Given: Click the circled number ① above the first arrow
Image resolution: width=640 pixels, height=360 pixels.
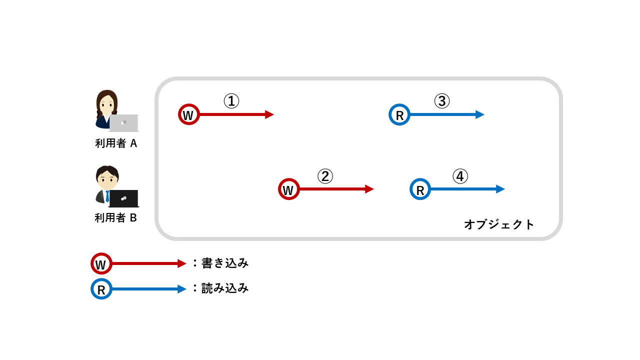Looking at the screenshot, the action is point(231,101).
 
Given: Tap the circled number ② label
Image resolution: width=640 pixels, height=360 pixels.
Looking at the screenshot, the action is point(325,176).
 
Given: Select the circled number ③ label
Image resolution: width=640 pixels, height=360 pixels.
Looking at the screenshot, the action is point(441,101).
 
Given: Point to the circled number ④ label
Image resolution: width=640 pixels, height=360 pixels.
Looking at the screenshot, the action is point(460,176).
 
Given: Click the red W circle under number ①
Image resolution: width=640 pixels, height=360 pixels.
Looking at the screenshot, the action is point(189,114).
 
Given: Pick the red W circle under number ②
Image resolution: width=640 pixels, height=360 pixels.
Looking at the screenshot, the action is point(289,189).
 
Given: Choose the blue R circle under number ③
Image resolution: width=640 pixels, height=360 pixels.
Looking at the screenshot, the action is point(399,114).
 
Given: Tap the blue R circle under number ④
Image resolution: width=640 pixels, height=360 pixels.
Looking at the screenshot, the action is point(420,189).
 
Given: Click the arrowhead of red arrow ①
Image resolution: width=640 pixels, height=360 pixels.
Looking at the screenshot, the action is point(270,114).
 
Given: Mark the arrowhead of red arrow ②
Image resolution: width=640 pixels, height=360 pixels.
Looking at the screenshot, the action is point(370,189).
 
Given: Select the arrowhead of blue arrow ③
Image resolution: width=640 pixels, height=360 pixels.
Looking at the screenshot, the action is point(480,114).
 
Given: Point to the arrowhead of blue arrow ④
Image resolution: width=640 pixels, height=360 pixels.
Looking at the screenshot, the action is point(501,189).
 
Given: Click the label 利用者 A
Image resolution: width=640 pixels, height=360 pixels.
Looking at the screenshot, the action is point(116,143).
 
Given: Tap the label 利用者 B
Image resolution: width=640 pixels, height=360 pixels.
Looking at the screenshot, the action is point(116,218).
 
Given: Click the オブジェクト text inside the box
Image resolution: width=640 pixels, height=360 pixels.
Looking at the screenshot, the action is point(499,224).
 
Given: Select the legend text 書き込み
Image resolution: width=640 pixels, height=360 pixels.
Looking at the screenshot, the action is point(224,263).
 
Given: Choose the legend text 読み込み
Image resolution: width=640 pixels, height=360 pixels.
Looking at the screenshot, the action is point(224,288).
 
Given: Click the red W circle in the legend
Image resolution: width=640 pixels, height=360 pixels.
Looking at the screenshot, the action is point(101,263).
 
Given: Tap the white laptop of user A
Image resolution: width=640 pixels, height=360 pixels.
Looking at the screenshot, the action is point(123,122).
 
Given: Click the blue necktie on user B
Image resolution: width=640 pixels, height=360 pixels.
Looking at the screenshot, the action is point(107,196).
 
